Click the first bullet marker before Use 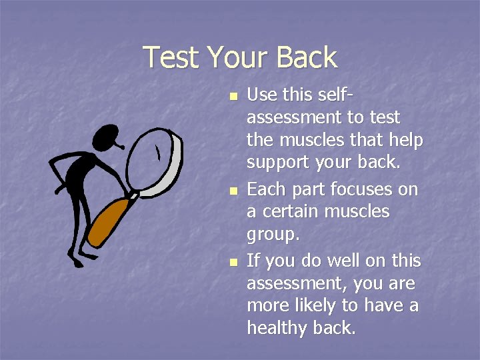pos(232,97)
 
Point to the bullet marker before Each pos(232,191)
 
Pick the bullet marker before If pos(232,262)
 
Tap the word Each pos(265,189)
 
